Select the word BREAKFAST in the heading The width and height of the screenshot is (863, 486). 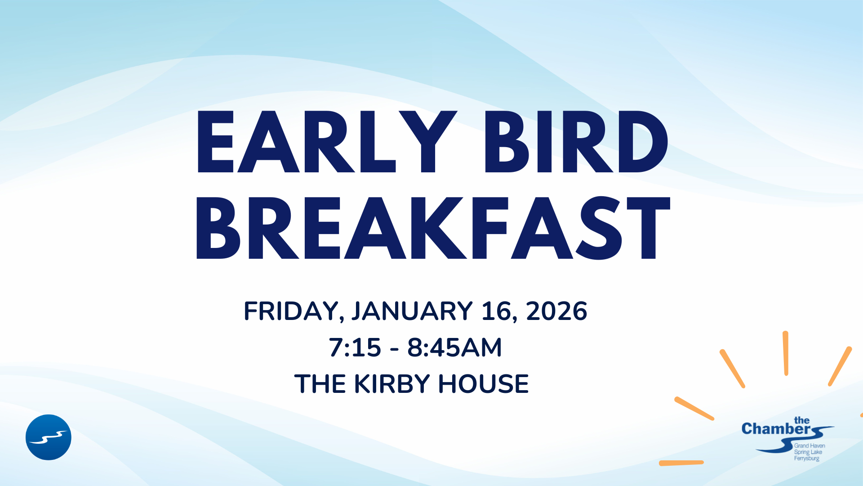pos(433,228)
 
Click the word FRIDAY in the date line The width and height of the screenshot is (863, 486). pos(292,311)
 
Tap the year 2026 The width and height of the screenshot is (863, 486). pos(556,311)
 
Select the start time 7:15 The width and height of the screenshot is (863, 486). pos(355,347)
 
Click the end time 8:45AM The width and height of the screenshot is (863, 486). pos(454,347)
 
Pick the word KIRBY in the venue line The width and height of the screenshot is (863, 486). pos(392,384)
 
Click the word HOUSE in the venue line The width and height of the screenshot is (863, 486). pos(484,384)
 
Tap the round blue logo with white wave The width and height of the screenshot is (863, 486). pos(49,437)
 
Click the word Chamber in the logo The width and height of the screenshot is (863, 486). pos(776,429)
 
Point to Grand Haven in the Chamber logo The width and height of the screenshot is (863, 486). pos(810,445)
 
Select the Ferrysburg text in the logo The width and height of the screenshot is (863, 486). pos(806,459)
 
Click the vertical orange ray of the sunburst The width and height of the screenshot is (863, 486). pos(786,353)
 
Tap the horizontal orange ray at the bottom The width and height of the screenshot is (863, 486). pos(681,463)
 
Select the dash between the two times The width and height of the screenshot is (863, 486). pos(395,349)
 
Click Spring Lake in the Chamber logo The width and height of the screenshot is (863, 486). pos(808,452)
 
